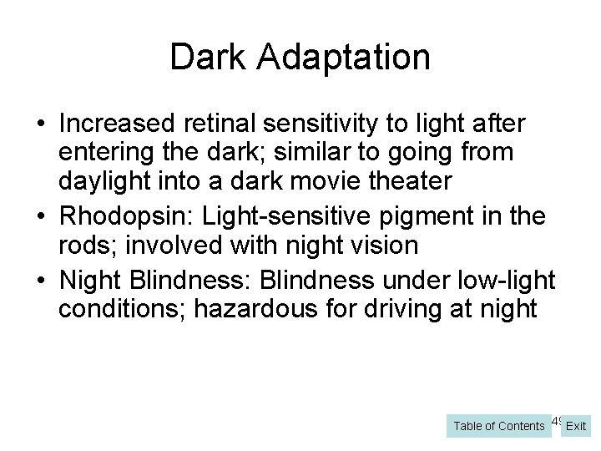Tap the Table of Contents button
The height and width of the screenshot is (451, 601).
(x=498, y=426)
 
